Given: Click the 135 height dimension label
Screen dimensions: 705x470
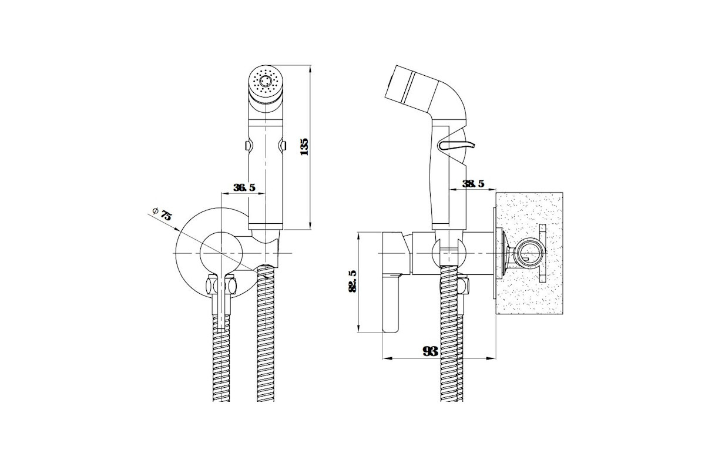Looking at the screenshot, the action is pos(304,147).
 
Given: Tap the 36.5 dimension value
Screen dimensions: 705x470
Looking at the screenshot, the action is pos(244,187).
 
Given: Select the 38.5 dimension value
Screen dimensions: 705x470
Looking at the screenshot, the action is pos(474,184).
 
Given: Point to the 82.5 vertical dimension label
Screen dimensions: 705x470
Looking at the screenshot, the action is pos(352,281).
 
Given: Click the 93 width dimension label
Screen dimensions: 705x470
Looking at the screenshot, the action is pos(430,351).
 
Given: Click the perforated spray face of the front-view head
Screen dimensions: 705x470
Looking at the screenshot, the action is pos(266,81).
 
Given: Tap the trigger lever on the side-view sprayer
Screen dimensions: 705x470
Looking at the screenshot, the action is pos(456,145).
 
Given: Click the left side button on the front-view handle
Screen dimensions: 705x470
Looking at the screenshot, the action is pos(248,146).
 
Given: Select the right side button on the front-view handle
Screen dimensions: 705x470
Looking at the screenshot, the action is pos(284,146).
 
